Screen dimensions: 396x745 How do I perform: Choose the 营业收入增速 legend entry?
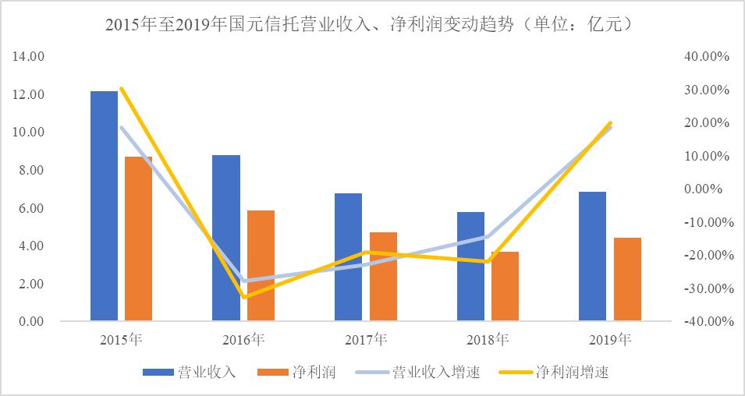[417, 372]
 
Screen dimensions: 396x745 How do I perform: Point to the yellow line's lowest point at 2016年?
[243, 297]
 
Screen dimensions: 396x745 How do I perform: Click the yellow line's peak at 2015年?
[121, 89]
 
